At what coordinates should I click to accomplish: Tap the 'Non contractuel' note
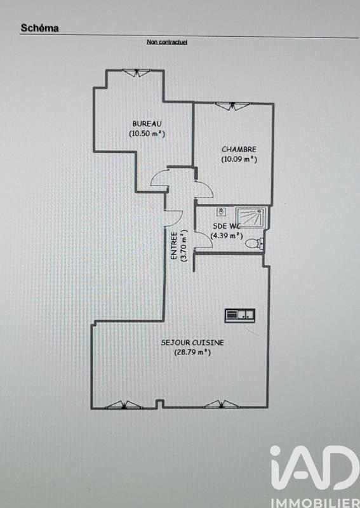pyautogui.click(x=166, y=43)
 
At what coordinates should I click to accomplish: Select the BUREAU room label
pyautogui.click(x=147, y=123)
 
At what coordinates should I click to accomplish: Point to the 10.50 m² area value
pyautogui.click(x=147, y=133)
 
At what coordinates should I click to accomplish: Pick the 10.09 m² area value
pyautogui.click(x=239, y=159)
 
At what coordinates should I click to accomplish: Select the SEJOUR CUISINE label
pyautogui.click(x=192, y=342)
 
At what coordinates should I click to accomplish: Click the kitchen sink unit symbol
pyautogui.click(x=240, y=314)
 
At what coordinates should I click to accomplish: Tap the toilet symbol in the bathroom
pyautogui.click(x=255, y=242)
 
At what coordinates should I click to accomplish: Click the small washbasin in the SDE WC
pyautogui.click(x=222, y=211)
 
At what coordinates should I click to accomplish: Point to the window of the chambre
pyautogui.click(x=230, y=105)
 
